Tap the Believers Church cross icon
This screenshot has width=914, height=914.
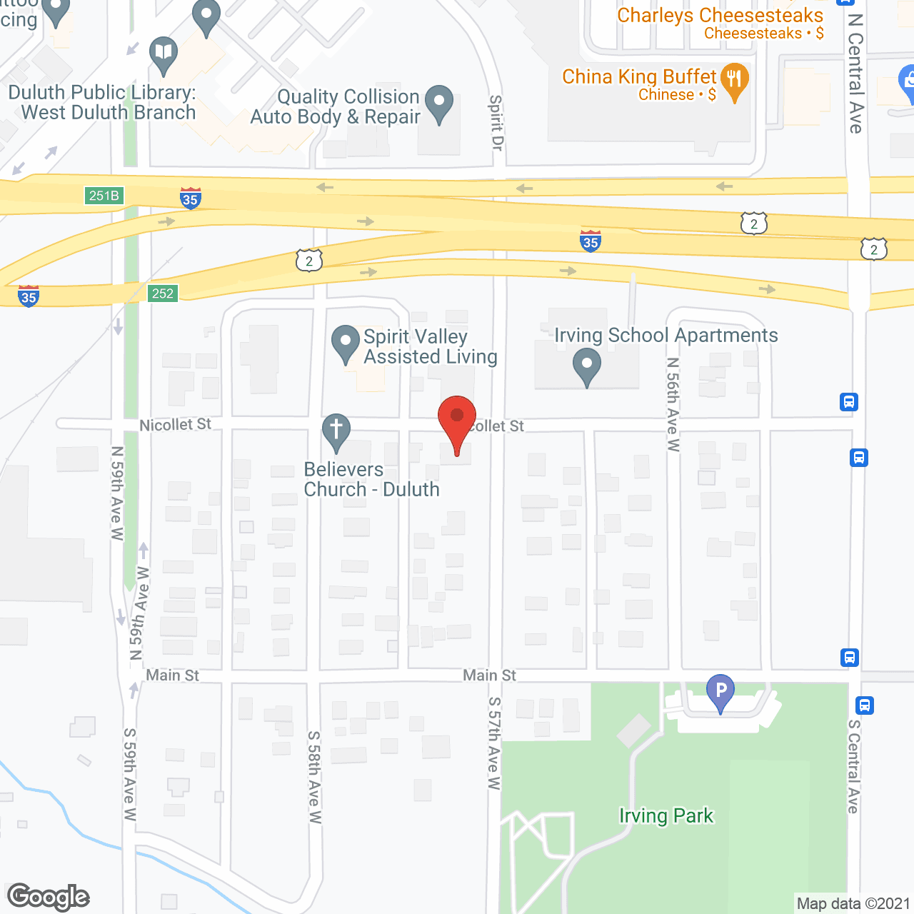(x=336, y=431)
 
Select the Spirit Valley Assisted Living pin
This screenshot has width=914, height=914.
(x=346, y=343)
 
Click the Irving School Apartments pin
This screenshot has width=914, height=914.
(x=587, y=366)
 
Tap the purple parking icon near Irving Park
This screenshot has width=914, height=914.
(x=720, y=692)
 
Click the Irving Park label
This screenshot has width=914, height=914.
(x=666, y=815)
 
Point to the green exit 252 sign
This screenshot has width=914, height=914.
(x=163, y=293)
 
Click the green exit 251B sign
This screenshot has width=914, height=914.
(x=104, y=195)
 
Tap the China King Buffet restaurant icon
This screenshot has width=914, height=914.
(x=734, y=80)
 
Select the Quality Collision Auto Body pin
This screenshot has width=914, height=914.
(x=438, y=104)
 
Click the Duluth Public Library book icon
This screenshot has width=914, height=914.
(x=164, y=54)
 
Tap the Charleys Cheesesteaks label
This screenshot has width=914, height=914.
(x=720, y=15)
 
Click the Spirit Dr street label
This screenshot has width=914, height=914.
(x=496, y=122)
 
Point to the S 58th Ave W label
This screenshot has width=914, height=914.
(x=314, y=776)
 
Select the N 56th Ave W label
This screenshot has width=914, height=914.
(x=673, y=404)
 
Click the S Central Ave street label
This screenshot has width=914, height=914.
(x=853, y=765)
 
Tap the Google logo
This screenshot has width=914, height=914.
(x=49, y=896)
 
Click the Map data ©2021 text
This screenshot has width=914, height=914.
(x=853, y=903)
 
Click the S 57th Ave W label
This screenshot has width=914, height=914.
(x=494, y=743)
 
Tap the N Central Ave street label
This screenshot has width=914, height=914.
(x=855, y=73)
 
